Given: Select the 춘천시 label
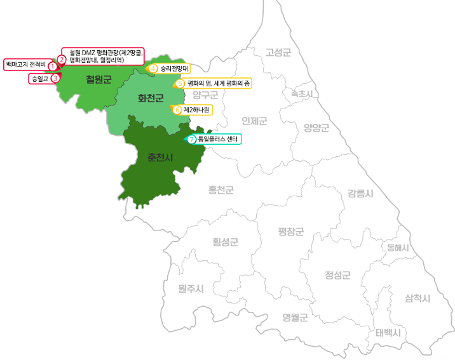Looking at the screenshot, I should tap(160, 156).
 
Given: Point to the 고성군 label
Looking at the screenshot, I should tap(278, 52).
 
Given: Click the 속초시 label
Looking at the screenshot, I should tap(302, 93).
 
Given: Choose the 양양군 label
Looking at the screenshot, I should tap(316, 128).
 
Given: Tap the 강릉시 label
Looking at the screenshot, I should tap(360, 193).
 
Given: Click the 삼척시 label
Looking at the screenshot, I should tap(418, 298).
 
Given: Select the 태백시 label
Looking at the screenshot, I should tap(388, 332).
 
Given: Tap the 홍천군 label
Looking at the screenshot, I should tap(221, 189).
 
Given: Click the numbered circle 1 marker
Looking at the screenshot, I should tap(52, 66).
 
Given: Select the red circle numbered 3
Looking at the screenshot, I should tap(55, 78).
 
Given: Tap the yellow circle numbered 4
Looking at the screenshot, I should tap(153, 68).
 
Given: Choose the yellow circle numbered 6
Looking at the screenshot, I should tap(177, 109).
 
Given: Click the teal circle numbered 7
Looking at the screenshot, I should tap(192, 139).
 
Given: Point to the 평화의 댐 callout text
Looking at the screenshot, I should tap(219, 83).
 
